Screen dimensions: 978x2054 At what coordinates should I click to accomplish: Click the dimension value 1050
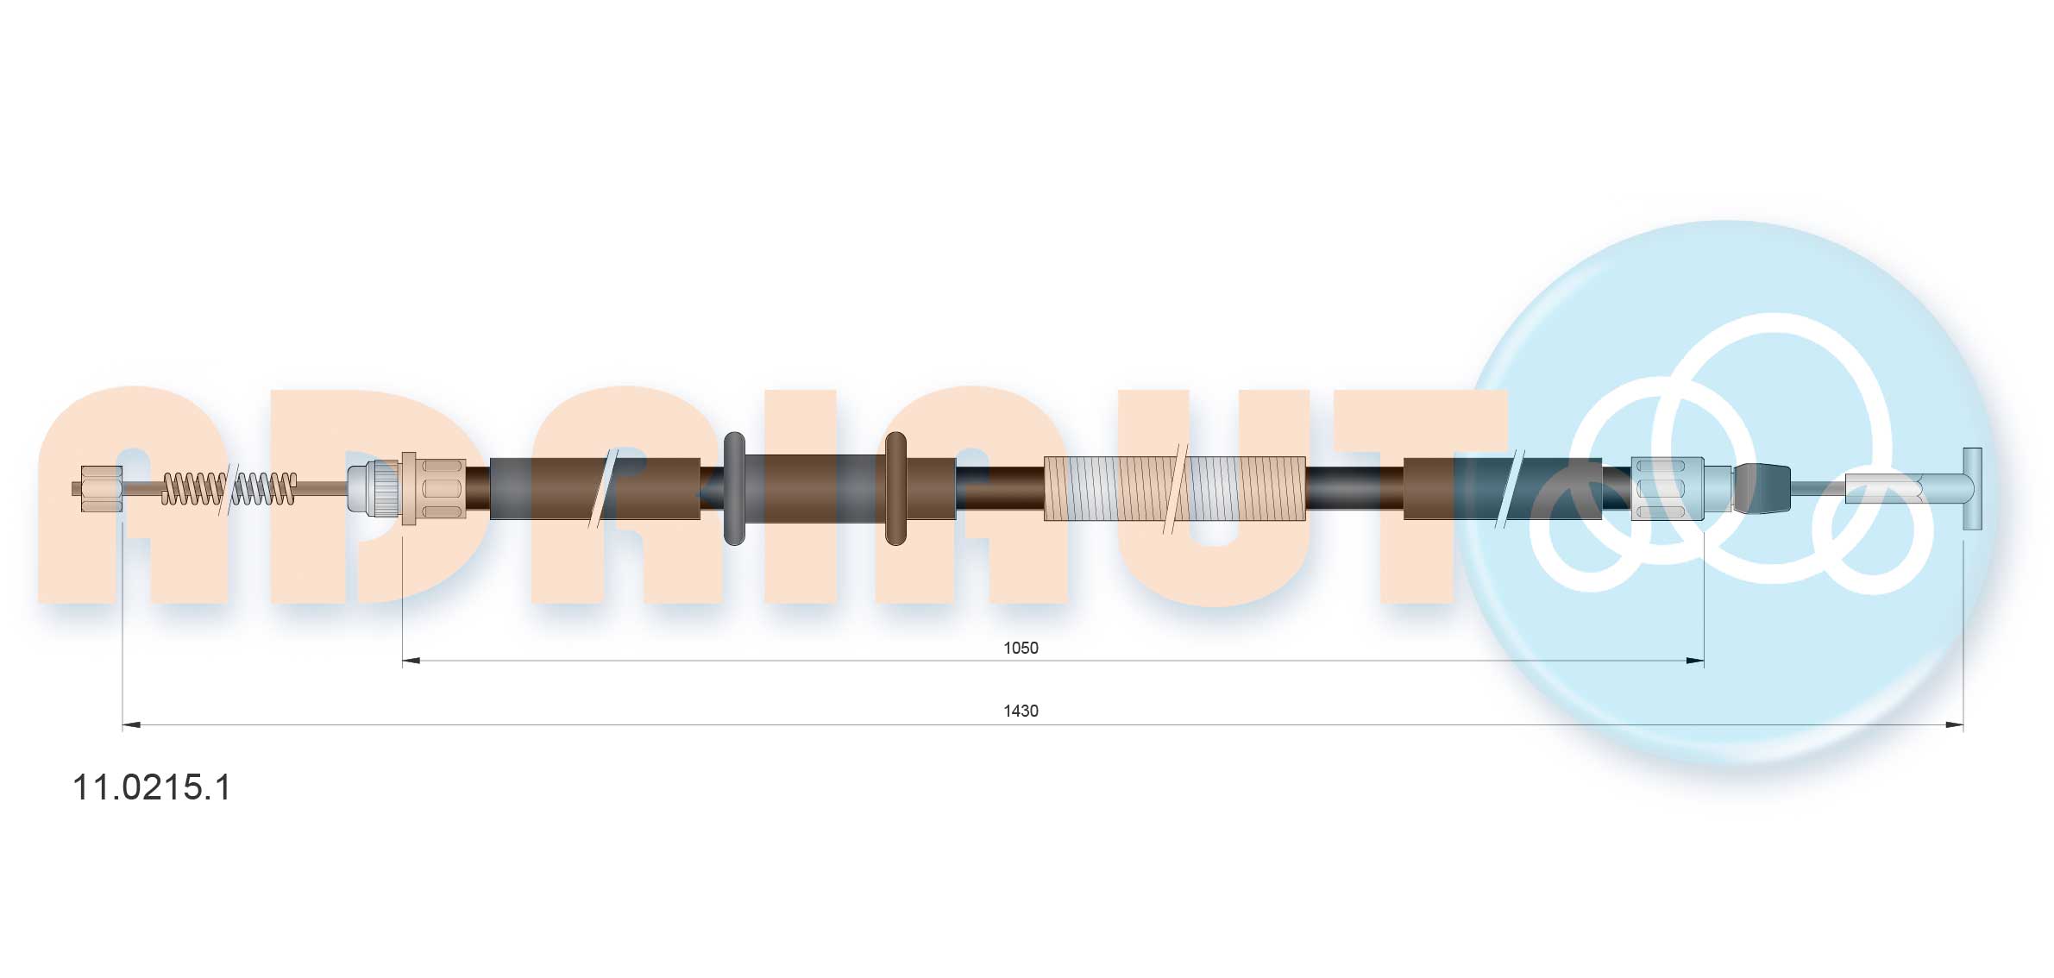pos(1020,648)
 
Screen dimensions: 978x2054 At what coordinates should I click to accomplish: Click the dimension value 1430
pos(1020,711)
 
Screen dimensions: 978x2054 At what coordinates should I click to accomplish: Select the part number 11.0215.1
pos(152,787)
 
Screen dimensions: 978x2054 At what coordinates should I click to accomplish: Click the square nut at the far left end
pos(100,488)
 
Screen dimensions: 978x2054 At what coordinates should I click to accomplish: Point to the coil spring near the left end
pos(229,488)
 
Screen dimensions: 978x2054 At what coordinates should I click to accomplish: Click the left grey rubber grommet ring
pos(733,488)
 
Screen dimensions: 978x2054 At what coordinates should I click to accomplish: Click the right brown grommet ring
pos(895,488)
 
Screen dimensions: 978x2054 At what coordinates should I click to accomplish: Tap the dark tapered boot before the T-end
pos(1762,488)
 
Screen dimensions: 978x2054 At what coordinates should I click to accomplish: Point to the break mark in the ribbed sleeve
pos(1175,489)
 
